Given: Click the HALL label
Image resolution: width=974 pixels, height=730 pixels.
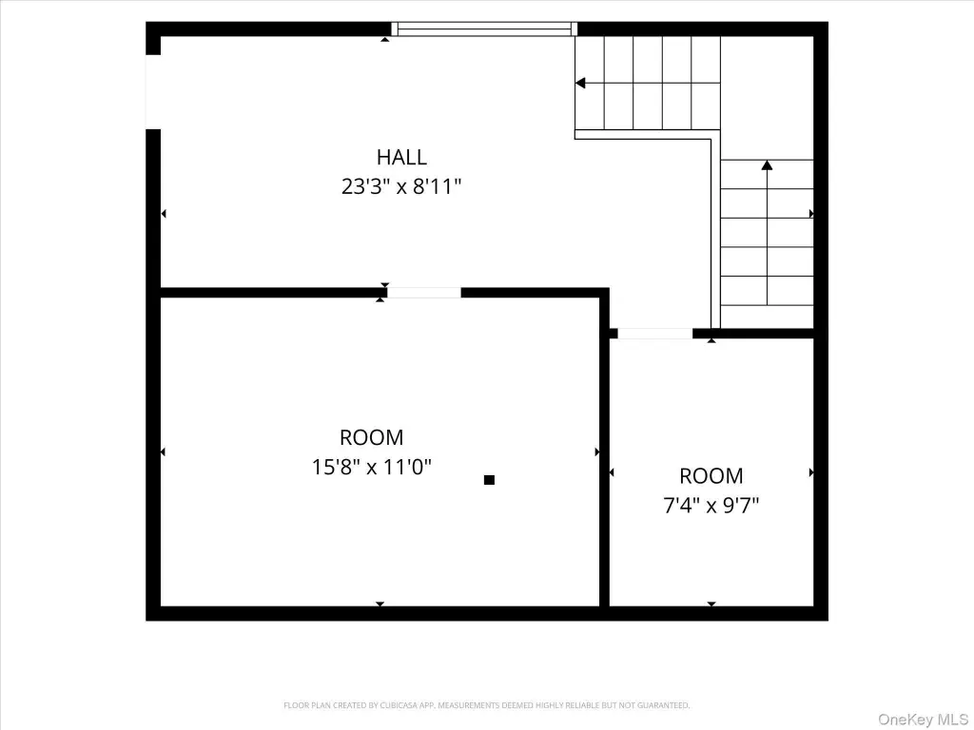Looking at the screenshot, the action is pos(401,157).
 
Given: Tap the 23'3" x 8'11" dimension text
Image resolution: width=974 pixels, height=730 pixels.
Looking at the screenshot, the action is pos(401,186).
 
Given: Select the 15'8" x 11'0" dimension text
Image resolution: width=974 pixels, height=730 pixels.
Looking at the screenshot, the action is pos(372,467).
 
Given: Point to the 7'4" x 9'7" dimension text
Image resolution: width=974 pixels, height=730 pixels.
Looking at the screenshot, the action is pos(711,506).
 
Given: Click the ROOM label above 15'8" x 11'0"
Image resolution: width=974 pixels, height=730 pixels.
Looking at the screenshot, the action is pos(372,437).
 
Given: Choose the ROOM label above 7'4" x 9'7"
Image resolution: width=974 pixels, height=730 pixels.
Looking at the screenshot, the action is pos(711,476).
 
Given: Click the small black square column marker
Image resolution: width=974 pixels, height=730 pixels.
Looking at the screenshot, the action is pos(489,479).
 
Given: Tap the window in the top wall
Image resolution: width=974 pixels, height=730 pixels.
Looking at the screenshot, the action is pos(484,29).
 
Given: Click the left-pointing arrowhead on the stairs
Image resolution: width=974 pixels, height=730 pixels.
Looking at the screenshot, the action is pos(580,83).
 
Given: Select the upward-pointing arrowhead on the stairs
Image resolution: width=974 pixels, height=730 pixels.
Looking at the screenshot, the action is pos(768,165).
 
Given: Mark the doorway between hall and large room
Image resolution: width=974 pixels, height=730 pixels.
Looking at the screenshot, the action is pos(424,293).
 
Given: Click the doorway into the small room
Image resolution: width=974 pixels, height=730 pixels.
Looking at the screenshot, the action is pos(654,334).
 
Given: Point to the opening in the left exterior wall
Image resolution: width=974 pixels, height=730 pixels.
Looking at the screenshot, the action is pos(153,92).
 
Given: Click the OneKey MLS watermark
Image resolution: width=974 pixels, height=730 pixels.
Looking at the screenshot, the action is pos(923,720).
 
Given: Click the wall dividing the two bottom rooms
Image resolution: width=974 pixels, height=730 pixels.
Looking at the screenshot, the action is pos(604,451).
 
